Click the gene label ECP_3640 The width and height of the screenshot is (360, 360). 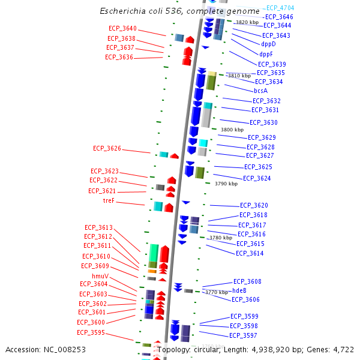point(122,29)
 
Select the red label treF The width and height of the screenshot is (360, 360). point(109,201)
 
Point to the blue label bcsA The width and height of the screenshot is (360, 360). point(260,91)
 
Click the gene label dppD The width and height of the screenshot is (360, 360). point(268,44)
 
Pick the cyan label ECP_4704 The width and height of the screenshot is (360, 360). point(280,8)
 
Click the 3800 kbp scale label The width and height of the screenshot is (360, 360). point(232,130)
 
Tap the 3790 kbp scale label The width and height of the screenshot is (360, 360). point(226,184)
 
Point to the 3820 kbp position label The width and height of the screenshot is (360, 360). point(247,22)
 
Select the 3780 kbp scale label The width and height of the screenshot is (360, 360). point(220,238)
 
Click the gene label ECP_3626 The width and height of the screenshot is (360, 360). point(107,148)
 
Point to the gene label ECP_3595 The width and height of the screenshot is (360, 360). point(91,332)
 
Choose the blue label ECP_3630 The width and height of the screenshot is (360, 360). point(263,122)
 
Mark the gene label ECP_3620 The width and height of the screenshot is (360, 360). point(254,205)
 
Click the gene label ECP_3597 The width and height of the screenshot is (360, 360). point(243,335)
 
